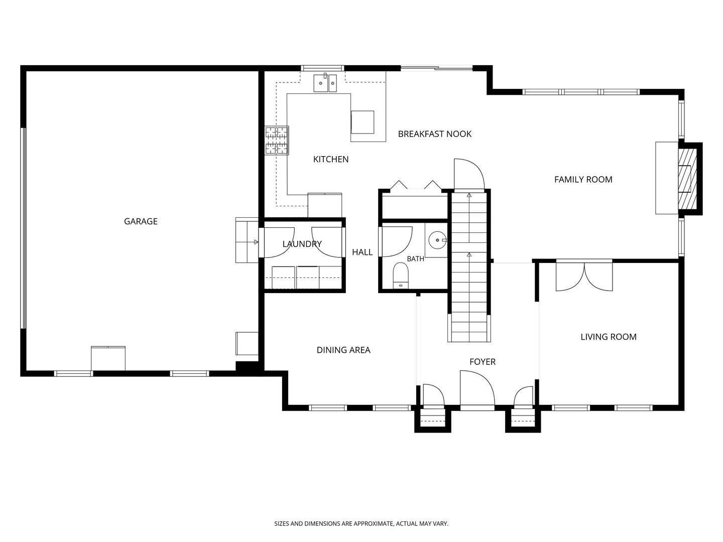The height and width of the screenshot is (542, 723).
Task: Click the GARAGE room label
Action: [x=141, y=221]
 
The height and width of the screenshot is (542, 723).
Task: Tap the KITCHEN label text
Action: [x=331, y=159]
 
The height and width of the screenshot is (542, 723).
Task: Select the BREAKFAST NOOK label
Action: [x=434, y=134]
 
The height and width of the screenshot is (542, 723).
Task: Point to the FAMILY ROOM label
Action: [x=583, y=179]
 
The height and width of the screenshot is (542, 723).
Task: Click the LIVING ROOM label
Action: [x=609, y=337]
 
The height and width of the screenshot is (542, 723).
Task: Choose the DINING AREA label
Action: [x=343, y=350]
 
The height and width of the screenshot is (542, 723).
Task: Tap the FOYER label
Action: [x=482, y=362]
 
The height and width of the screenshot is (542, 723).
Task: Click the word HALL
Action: [x=363, y=252]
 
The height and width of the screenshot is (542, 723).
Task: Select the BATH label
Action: [x=415, y=259]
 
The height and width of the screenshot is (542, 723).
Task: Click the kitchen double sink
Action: [x=325, y=83]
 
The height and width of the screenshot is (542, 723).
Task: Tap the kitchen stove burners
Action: [x=277, y=141]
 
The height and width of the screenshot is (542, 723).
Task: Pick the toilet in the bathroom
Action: [x=401, y=276]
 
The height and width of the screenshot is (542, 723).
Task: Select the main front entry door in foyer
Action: [x=477, y=390]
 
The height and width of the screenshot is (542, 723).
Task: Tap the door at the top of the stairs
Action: [x=469, y=174]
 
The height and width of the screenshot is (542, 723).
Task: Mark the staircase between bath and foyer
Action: [x=469, y=267]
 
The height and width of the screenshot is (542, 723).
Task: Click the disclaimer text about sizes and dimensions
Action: [x=361, y=523]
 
